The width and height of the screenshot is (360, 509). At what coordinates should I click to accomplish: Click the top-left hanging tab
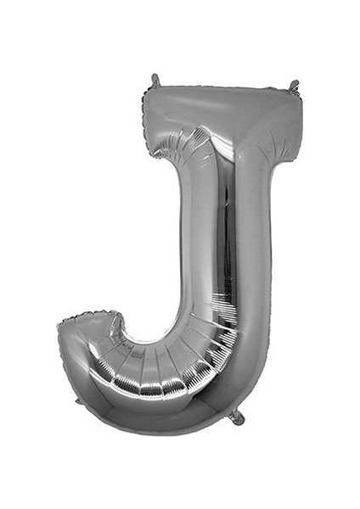(155, 80)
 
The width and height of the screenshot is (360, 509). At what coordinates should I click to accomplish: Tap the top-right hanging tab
(294, 86)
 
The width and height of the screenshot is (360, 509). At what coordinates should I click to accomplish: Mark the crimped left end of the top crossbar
(148, 119)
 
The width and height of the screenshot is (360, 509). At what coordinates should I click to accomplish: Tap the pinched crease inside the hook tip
(115, 331)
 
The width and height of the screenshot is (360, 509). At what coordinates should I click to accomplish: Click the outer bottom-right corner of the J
(255, 399)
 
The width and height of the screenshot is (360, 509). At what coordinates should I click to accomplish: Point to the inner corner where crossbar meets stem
(192, 158)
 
